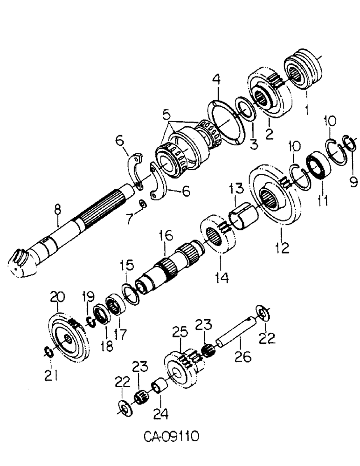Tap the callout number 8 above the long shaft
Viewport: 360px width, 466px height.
[57, 210]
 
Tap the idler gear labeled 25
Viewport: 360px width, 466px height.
[181, 369]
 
